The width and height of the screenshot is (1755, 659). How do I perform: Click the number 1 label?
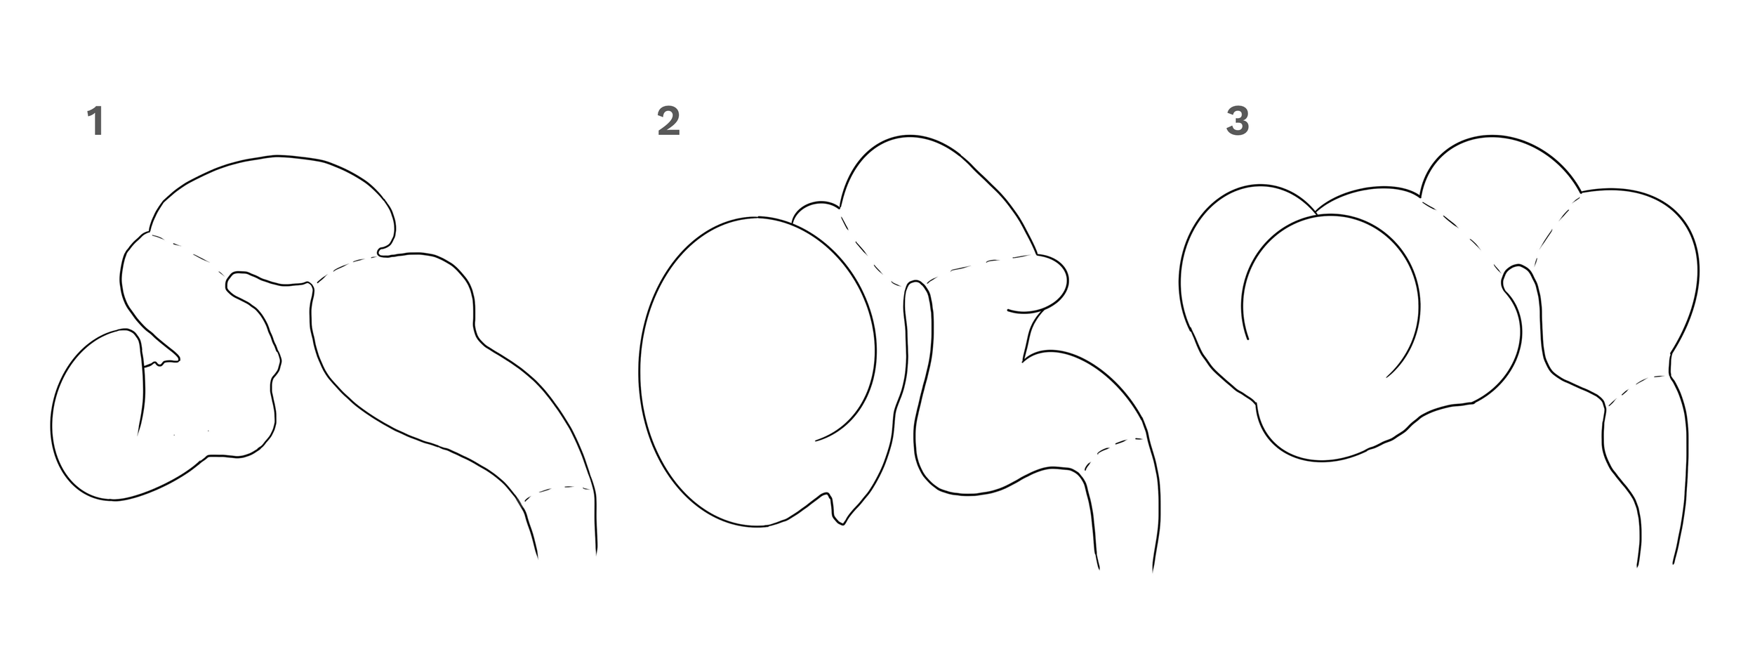[x=95, y=122]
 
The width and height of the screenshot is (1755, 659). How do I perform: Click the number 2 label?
[x=668, y=122]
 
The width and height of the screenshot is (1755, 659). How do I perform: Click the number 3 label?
[x=1237, y=122]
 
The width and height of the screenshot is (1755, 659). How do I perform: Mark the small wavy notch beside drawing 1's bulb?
[x=161, y=363]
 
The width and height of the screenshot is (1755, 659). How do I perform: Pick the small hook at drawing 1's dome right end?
[x=383, y=251]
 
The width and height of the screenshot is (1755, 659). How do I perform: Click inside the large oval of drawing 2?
[x=751, y=372]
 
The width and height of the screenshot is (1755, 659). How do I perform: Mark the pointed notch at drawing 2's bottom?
[x=837, y=520]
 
